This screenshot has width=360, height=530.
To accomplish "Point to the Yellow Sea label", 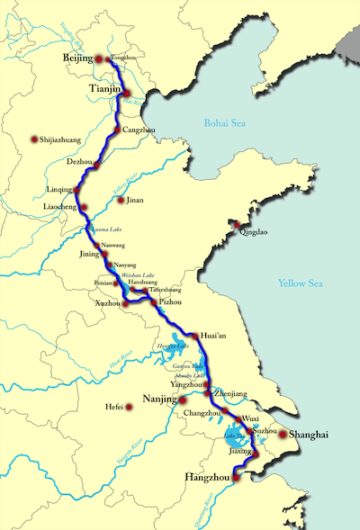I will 300,284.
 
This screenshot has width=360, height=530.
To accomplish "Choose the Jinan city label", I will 135,200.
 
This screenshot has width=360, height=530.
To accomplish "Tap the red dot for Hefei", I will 130,407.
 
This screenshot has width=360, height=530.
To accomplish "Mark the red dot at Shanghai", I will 282,435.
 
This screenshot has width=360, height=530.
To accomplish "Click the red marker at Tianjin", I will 127,93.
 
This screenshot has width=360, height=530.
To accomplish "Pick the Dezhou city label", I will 79,162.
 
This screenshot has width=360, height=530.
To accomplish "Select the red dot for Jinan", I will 121,200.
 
